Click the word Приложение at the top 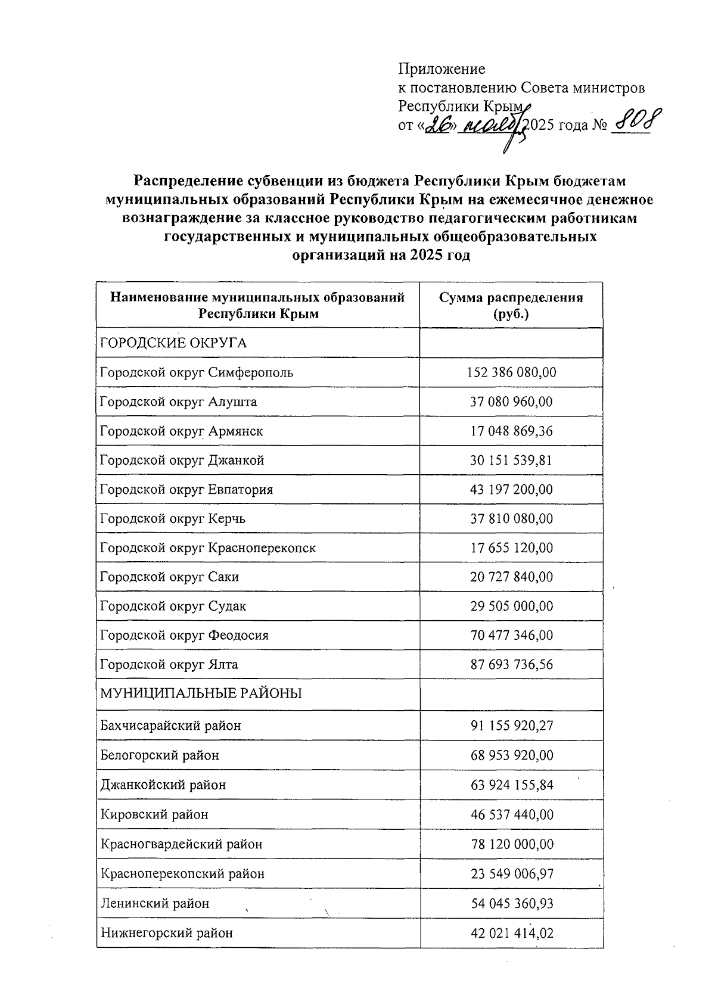click(442, 69)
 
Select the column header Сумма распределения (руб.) click(511, 306)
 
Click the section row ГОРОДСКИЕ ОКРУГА click(173, 343)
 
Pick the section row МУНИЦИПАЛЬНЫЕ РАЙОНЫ click(201, 693)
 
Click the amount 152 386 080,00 click(511, 373)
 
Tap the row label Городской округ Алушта click(179, 402)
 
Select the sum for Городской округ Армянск click(511, 431)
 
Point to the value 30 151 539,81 click(511, 460)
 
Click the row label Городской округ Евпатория click(186, 490)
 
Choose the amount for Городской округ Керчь click(511, 519)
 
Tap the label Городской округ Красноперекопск click(208, 548)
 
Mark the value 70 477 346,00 click(511, 636)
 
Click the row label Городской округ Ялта click(169, 665)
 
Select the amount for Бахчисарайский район click(511, 726)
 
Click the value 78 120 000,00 click(511, 844)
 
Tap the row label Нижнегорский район click(167, 933)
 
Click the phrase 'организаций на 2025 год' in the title click(381, 256)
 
